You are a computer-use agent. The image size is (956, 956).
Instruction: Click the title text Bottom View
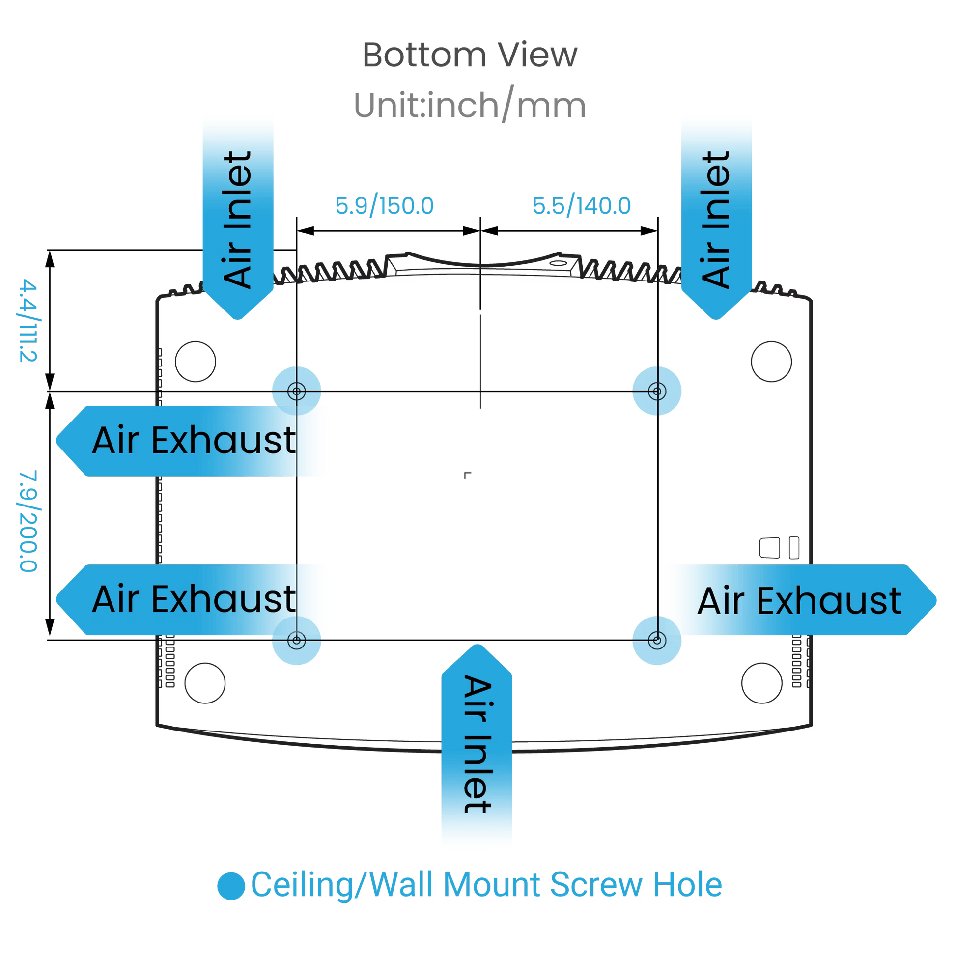pos(470,56)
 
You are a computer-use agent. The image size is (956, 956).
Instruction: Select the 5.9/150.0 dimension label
pos(386,206)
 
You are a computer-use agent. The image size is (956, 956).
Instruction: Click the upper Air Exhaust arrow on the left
pos(193,440)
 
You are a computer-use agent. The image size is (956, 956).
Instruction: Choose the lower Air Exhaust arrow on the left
pos(193,599)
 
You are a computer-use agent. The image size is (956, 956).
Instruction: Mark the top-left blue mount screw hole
pos(296,392)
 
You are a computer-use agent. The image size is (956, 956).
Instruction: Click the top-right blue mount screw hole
pos(657,392)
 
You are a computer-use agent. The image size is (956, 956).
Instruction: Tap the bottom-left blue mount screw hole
pos(296,641)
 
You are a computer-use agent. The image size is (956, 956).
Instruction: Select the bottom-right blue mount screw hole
pos(657,641)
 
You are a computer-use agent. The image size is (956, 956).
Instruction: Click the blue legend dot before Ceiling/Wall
pos(230,885)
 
